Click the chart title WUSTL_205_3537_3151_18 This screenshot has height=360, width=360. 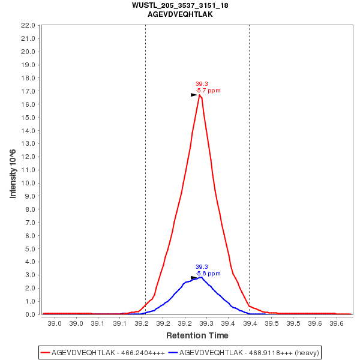point(180,5)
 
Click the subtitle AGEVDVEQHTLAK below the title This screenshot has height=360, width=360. point(180,14)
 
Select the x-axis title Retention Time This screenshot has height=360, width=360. point(197,335)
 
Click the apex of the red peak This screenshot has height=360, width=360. point(199,95)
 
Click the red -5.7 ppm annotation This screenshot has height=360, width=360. point(208,91)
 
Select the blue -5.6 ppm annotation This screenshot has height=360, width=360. point(208,274)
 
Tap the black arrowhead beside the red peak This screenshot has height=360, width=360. point(194,95)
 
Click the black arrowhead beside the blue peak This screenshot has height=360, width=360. point(194,278)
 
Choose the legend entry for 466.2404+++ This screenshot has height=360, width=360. point(103,352)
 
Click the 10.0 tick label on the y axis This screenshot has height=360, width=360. point(29,183)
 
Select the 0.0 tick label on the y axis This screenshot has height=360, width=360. point(31,314)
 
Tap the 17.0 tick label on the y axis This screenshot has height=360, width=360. point(29,91)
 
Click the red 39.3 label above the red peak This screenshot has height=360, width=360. point(202,84)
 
